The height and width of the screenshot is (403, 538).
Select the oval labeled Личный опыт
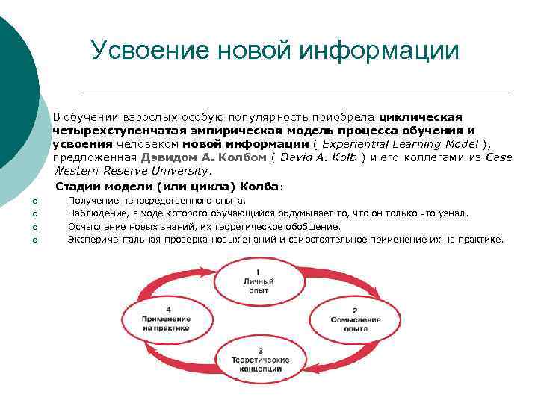point(259,282)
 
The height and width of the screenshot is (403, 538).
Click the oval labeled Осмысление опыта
point(355,319)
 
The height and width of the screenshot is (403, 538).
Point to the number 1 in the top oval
point(259,271)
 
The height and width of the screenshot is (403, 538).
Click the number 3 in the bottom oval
point(259,350)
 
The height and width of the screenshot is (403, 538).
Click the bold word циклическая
point(421,117)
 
